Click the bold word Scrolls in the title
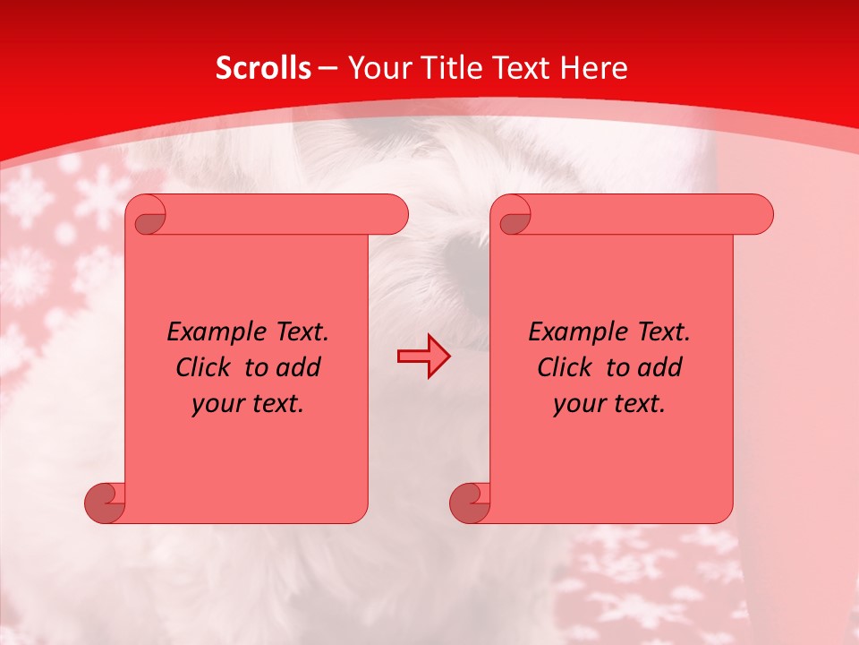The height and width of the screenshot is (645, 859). (x=263, y=68)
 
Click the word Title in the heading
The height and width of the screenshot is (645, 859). (x=451, y=68)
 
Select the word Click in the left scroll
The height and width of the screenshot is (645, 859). (x=202, y=368)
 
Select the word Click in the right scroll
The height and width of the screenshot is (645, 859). (x=564, y=368)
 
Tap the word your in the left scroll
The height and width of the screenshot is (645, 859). (x=217, y=404)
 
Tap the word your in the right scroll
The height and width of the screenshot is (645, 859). (x=578, y=404)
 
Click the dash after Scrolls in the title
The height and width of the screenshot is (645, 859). (x=327, y=68)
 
